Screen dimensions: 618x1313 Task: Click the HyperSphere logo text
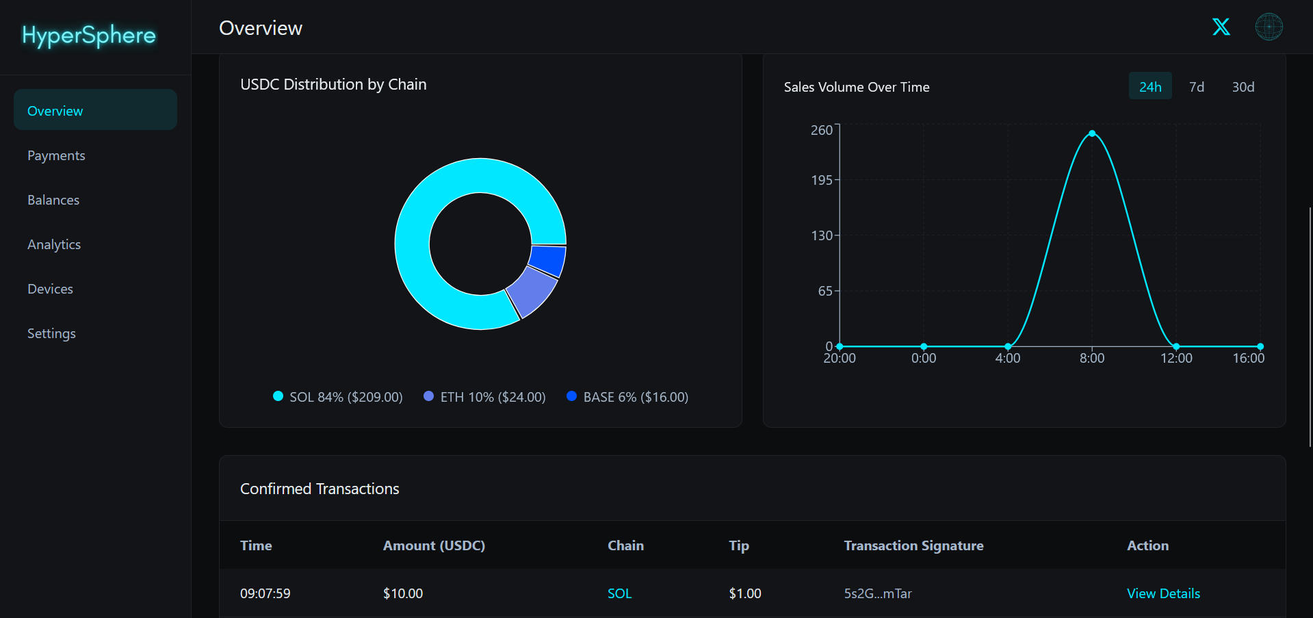click(x=89, y=36)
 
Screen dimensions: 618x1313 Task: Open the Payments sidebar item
click(x=56, y=155)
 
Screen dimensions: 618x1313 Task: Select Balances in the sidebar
click(x=53, y=200)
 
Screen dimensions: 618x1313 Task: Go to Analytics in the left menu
click(x=54, y=244)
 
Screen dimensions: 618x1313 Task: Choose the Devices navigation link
click(x=50, y=289)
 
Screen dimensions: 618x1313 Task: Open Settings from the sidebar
click(x=51, y=333)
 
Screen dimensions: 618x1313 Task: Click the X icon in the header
click(x=1221, y=27)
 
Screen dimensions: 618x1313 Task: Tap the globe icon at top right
click(x=1269, y=27)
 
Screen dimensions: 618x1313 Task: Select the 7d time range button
click(x=1196, y=87)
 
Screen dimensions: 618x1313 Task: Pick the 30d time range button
click(x=1243, y=87)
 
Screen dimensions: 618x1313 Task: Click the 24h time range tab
click(x=1150, y=87)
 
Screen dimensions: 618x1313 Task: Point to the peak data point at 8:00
click(x=1092, y=133)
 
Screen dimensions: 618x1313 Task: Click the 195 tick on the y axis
click(x=822, y=180)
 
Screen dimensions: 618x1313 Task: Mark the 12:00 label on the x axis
click(x=1176, y=358)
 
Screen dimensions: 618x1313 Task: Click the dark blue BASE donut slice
click(x=547, y=261)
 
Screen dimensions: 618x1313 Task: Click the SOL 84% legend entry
click(x=338, y=397)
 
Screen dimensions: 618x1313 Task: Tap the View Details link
click(x=1163, y=593)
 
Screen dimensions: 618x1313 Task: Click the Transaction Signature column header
click(x=913, y=545)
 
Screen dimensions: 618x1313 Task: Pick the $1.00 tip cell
click(x=744, y=593)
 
